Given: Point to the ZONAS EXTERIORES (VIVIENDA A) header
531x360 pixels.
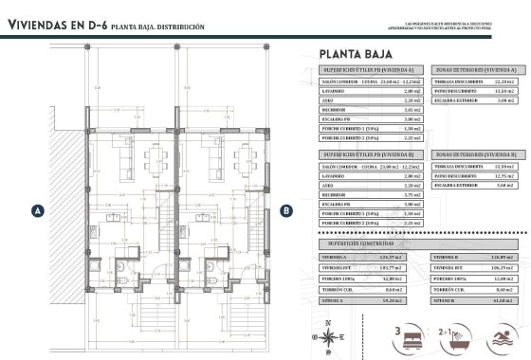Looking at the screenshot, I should click(x=476, y=70).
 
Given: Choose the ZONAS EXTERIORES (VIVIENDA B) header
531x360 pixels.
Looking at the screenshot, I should click(x=476, y=153).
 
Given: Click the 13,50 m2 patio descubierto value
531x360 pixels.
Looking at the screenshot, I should click(x=504, y=91).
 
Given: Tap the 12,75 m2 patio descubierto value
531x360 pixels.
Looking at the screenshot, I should click(x=504, y=175).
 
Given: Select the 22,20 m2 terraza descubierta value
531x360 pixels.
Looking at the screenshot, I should click(x=504, y=81).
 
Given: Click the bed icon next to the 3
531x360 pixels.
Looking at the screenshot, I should click(x=414, y=335).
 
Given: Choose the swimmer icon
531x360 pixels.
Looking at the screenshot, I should click(x=506, y=335).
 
